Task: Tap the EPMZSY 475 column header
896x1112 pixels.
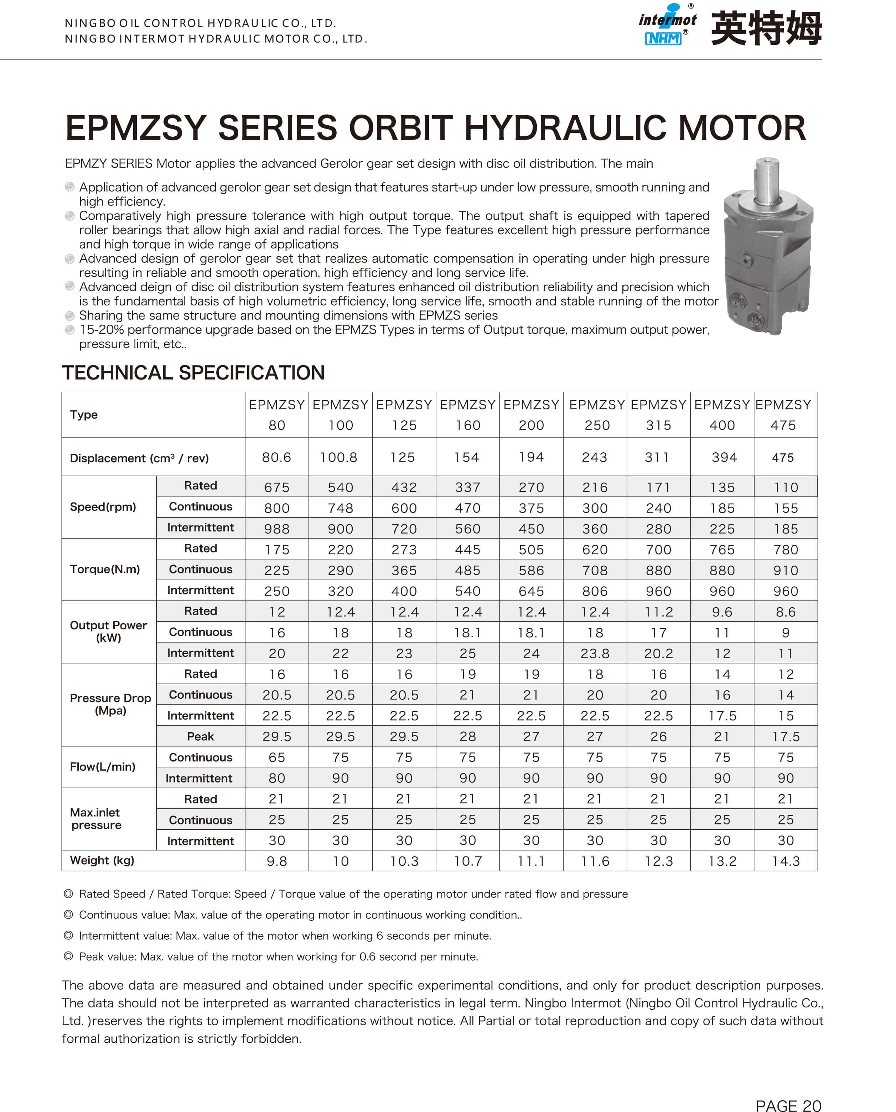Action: (x=783, y=415)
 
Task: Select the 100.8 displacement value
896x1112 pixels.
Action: (x=338, y=457)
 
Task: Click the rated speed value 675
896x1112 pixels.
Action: (x=277, y=487)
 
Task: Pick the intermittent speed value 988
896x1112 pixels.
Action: (x=277, y=529)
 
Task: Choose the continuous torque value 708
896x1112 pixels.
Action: (x=595, y=571)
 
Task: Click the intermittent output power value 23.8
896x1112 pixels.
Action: (x=595, y=654)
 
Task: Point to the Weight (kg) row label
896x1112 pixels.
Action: (x=102, y=860)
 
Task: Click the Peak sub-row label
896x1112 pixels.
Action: (x=200, y=736)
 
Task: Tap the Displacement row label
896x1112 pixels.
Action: (x=139, y=458)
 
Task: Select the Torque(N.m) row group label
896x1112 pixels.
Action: (x=105, y=570)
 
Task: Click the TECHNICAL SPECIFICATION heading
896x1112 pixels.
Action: (x=193, y=372)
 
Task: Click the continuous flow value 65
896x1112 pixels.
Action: (x=277, y=757)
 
